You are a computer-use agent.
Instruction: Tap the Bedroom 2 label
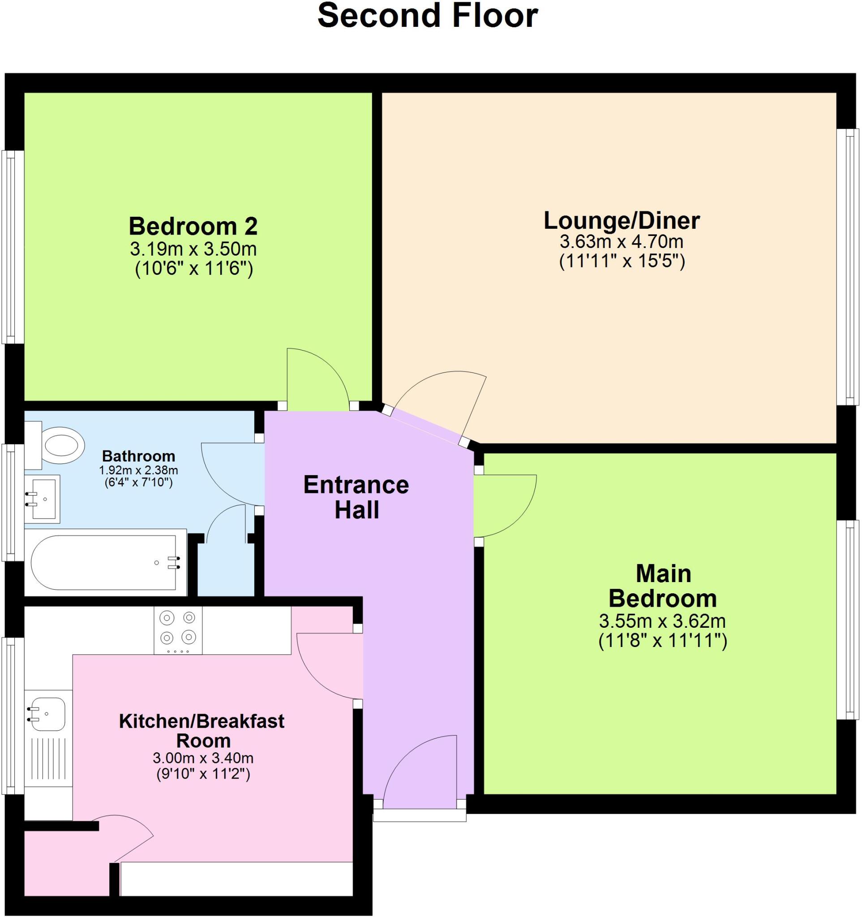coord(193,227)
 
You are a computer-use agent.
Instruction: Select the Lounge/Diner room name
coord(621,220)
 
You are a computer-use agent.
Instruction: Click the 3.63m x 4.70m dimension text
coord(621,242)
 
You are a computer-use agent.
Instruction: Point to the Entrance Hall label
coord(356,498)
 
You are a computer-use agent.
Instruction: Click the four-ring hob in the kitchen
coord(178,630)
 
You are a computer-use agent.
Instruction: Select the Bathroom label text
coord(138,456)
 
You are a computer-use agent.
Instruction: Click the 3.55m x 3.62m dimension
coord(662,621)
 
